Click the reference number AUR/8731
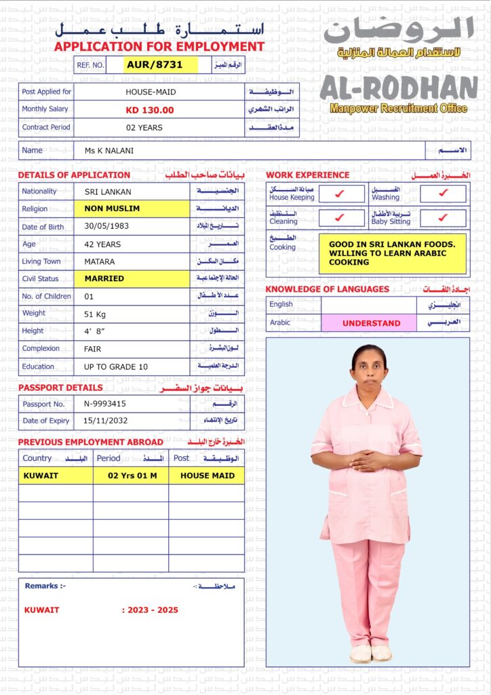point(155,64)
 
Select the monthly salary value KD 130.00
point(150,110)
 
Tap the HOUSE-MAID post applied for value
point(150,92)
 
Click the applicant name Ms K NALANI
point(109,151)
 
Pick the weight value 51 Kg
point(98,314)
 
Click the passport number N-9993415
point(105,404)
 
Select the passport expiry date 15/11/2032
point(105,421)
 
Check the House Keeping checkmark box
point(340,194)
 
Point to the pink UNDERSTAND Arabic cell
point(371,323)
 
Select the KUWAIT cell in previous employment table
point(55,476)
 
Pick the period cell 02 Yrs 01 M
point(132,476)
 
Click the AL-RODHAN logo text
point(399,88)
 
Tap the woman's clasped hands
point(369,461)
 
